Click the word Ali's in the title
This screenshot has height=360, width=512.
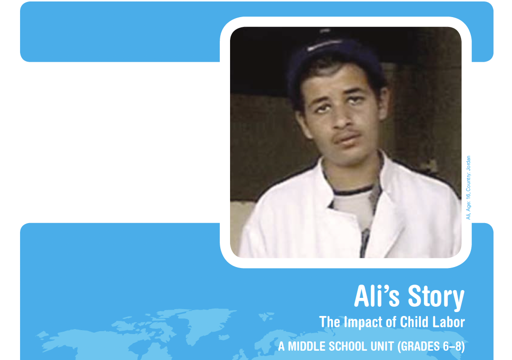coord(376,296)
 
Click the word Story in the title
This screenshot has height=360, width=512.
coord(436,297)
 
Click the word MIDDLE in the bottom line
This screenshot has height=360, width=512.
coord(306,346)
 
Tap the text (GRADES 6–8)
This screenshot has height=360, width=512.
coord(431,347)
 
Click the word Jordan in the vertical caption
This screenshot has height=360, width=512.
coord(468,163)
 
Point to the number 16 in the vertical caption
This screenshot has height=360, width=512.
coord(468,195)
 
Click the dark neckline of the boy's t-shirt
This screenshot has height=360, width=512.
coord(352,190)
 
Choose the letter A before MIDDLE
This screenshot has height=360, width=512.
coord(281,346)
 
